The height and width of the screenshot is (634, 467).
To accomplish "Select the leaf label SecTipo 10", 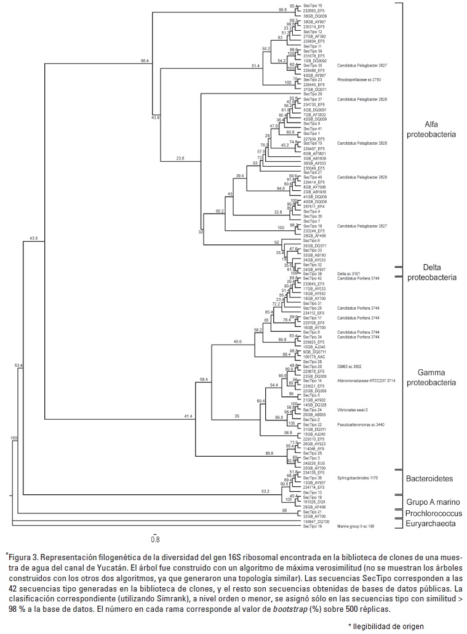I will (312, 6).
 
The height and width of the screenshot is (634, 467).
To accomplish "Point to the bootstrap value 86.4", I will (145, 60).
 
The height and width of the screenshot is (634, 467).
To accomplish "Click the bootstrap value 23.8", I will (180, 158).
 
